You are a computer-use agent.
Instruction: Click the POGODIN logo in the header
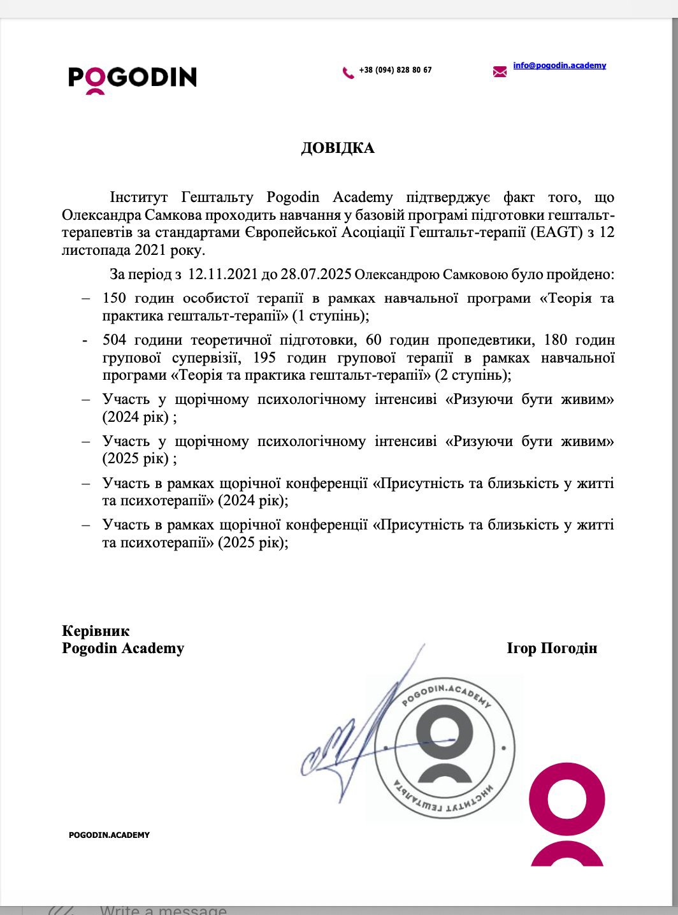click(x=133, y=78)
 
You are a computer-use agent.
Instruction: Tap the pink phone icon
click(x=348, y=73)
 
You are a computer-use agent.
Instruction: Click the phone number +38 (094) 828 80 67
click(x=395, y=70)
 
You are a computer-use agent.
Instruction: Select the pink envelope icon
click(x=500, y=71)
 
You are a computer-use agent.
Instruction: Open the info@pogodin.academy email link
click(x=559, y=66)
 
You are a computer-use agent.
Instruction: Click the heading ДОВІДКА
click(x=338, y=148)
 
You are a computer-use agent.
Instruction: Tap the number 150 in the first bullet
click(x=115, y=298)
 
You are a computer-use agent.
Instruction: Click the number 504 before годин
click(x=115, y=340)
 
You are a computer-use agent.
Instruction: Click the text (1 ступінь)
click(x=331, y=315)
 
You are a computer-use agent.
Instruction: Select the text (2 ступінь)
click(x=473, y=375)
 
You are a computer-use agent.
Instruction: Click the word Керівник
click(x=96, y=631)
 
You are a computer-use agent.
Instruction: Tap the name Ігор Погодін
click(x=552, y=649)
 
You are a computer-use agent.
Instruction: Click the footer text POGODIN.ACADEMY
click(x=109, y=835)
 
